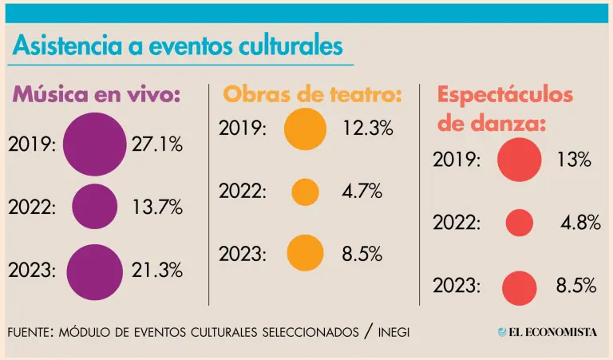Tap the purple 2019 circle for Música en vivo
[94, 144]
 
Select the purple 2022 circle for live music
[94, 207]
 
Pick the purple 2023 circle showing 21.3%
[94, 271]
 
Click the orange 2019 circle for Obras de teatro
[305, 129]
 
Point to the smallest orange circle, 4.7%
[305, 192]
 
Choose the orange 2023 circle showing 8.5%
[305, 253]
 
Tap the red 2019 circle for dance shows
[520, 159]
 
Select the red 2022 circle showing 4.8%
[520, 223]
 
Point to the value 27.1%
[156, 144]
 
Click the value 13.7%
[156, 208]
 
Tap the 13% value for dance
[573, 160]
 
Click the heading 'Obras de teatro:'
[311, 94]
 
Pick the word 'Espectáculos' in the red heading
[504, 94]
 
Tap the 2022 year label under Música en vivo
[32, 208]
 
